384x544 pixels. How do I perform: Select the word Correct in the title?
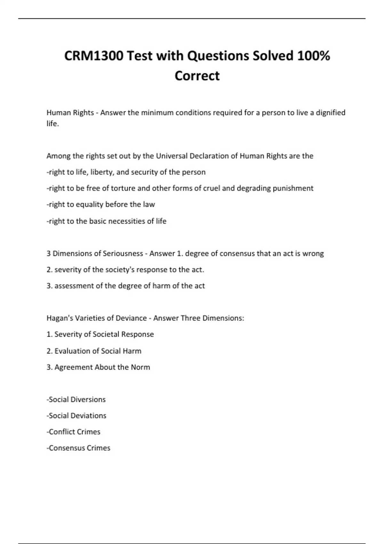(197, 76)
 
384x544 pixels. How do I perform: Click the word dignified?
(331, 113)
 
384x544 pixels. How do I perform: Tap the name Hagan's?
(58, 318)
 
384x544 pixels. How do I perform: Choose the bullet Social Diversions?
(77, 399)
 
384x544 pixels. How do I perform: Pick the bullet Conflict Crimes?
(74, 432)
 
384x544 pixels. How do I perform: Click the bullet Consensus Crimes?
(79, 448)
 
